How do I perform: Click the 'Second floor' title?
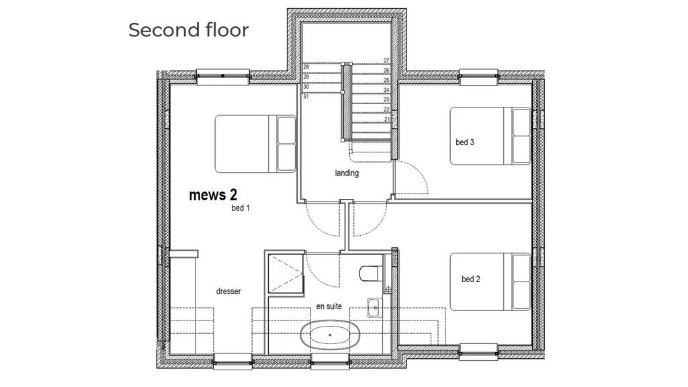tap(188, 30)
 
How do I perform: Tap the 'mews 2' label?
tap(213, 195)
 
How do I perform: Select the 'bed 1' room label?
tap(241, 208)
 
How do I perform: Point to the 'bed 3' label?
tap(465, 142)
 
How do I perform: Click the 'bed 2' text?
tap(471, 279)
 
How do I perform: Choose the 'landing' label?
tap(347, 173)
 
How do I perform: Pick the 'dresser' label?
tap(228, 291)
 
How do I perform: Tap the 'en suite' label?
tap(329, 306)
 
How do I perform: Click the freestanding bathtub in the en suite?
tap(331, 335)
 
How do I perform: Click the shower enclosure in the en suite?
tap(285, 273)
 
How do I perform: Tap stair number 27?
tap(386, 61)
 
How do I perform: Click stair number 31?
tap(306, 97)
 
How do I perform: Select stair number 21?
tap(386, 120)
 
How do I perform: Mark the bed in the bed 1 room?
tap(255, 144)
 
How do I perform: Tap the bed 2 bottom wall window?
tap(478, 351)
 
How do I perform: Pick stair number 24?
tap(386, 91)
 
